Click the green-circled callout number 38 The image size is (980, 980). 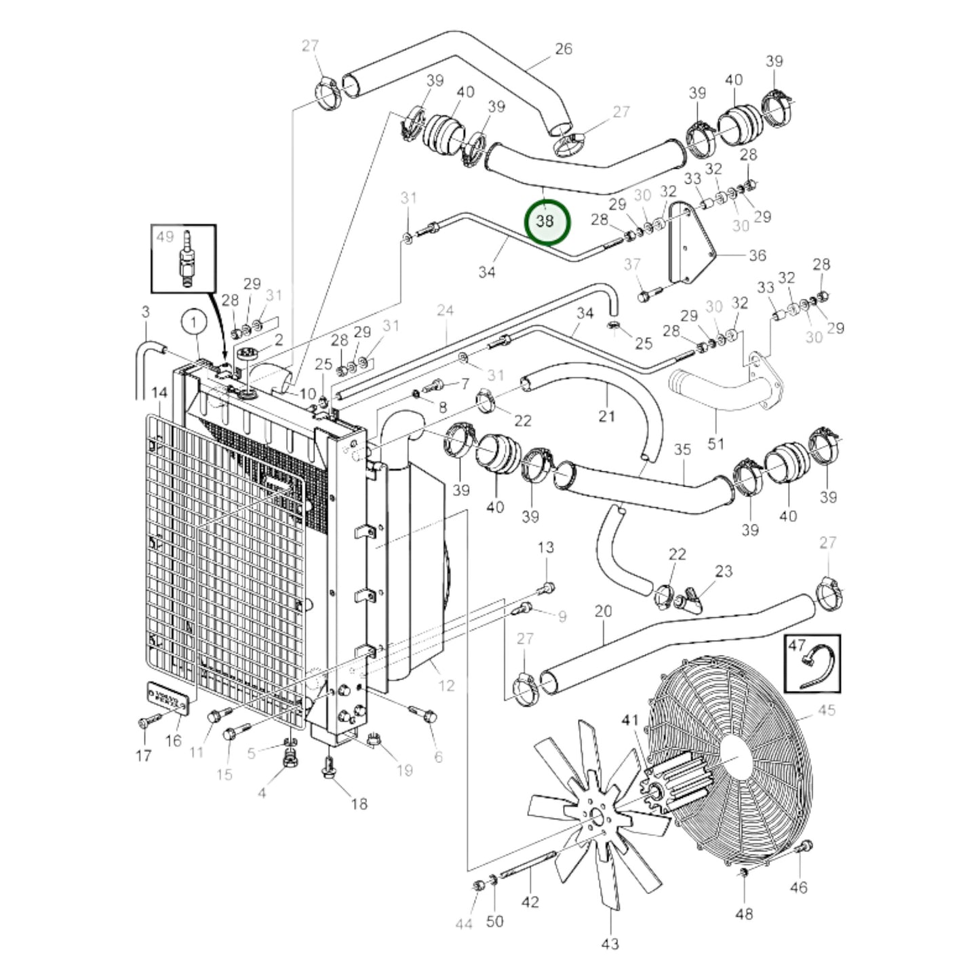tap(547, 221)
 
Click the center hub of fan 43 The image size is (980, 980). tap(597, 817)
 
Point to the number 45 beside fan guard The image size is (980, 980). tap(826, 710)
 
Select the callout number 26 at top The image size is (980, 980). tap(564, 49)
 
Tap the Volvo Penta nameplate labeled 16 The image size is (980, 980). tap(166, 698)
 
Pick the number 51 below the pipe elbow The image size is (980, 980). tap(716, 444)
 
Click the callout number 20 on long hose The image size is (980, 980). tap(603, 612)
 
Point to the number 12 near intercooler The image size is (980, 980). tap(446, 686)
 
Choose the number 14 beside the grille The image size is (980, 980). tap(159, 393)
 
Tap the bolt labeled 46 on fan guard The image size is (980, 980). tap(805, 848)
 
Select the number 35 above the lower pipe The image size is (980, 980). tap(682, 450)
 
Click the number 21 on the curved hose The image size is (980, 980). tap(606, 416)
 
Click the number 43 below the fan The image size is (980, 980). tap(610, 943)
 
